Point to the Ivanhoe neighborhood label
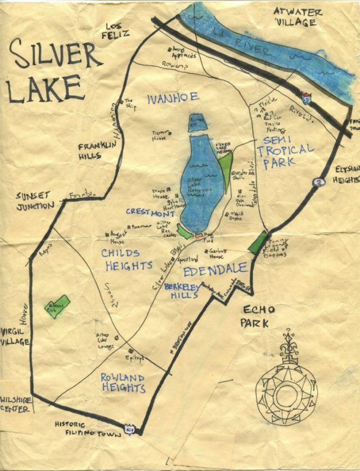(x=173, y=98)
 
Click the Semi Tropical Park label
(x=284, y=150)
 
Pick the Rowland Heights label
(x=123, y=383)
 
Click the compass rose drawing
(x=287, y=385)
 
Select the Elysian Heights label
(x=347, y=174)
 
